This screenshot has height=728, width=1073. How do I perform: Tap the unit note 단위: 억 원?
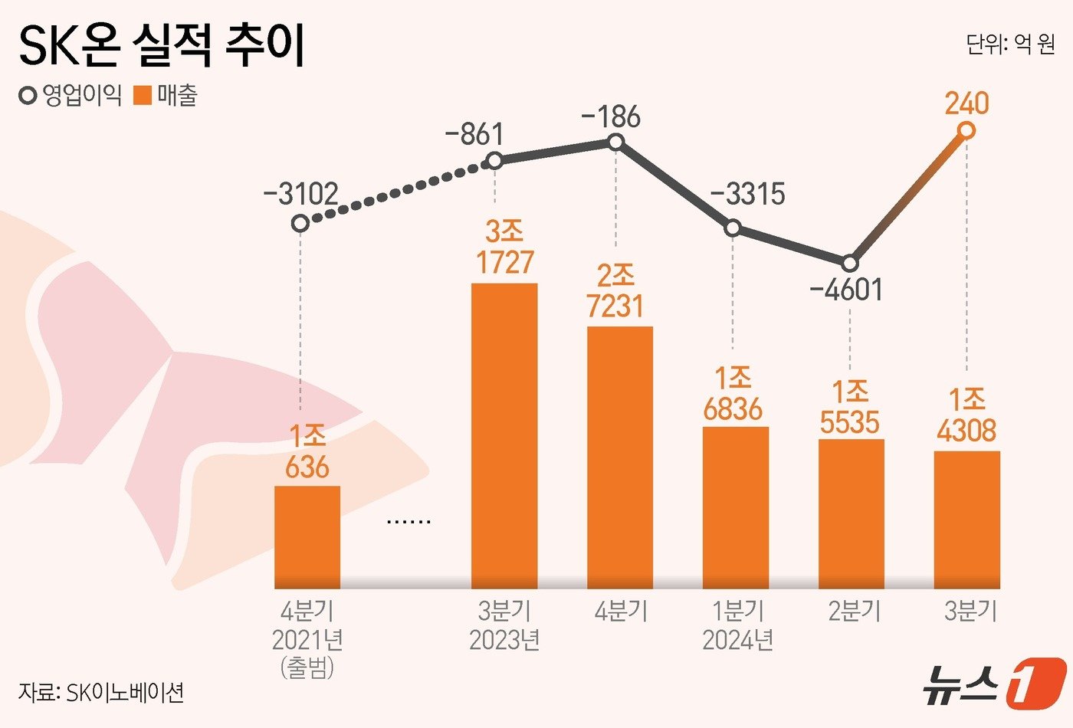coord(1010,44)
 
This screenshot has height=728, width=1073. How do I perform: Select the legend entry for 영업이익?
coord(71,96)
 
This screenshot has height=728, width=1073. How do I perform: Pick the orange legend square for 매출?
coord(143,97)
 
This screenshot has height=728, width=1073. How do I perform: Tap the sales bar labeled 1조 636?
coord(307,536)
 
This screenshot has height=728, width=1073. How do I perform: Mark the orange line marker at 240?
coord(966,131)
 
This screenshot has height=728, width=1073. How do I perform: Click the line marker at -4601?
coord(850,264)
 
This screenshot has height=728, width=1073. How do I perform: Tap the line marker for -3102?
coord(300,223)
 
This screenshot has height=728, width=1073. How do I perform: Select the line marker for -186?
coord(615,142)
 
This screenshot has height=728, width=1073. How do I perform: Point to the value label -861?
coord(474,134)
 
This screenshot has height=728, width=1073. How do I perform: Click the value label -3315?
coord(747,194)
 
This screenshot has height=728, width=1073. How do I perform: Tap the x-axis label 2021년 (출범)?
coord(307,652)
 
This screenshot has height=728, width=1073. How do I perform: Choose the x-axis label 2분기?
coord(854,611)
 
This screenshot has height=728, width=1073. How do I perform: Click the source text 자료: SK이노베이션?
coord(100,693)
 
